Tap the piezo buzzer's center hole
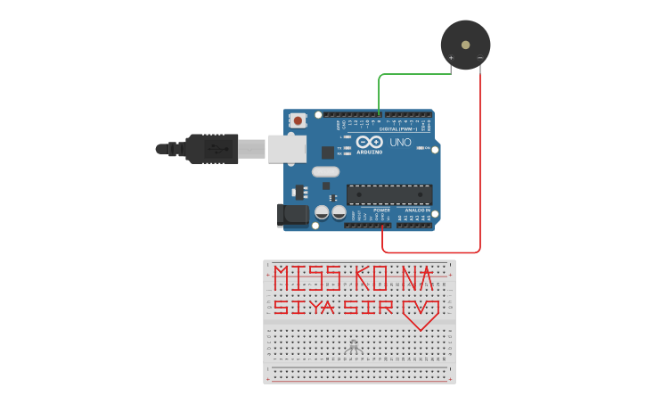click(465, 44)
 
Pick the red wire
click(480, 161)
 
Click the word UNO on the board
click(401, 143)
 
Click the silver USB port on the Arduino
click(287, 149)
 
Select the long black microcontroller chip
click(389, 194)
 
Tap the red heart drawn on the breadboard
click(421, 312)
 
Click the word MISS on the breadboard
click(307, 278)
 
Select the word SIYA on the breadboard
click(303, 308)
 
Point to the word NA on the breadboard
click(416, 278)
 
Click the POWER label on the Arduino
click(369, 210)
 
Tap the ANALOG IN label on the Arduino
click(417, 210)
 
